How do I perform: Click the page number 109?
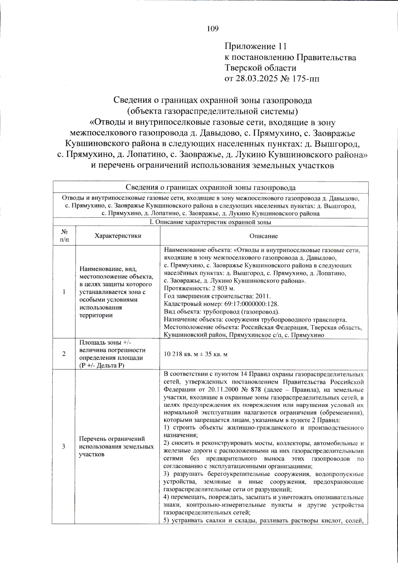pyautogui.click(x=213, y=29)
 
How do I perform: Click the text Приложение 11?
pyautogui.click(x=255, y=46)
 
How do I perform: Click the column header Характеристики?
pyautogui.click(x=118, y=236)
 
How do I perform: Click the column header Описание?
pyautogui.click(x=264, y=236)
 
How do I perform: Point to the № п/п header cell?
pyautogui.click(x=64, y=236)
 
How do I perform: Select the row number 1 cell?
pyautogui.click(x=64, y=292)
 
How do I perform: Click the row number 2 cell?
pyautogui.click(x=64, y=354)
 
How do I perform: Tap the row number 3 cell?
pyautogui.click(x=63, y=446)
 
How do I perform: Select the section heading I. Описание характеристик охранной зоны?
pyautogui.click(x=210, y=222)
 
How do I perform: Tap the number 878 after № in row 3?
pyautogui.click(x=256, y=390)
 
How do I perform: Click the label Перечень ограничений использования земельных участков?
pyautogui.click(x=116, y=446)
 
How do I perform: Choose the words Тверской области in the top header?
pyautogui.click(x=260, y=68)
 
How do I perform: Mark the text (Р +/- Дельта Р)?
pyautogui.click(x=101, y=365)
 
